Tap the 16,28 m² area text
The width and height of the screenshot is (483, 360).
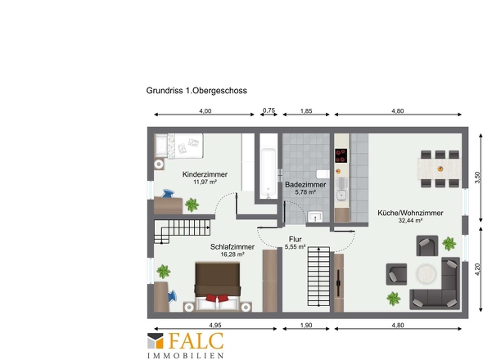click(232, 254)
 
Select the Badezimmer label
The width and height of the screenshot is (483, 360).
click(305, 185)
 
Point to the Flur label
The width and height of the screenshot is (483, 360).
click(295, 239)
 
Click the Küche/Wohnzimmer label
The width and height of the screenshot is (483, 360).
click(410, 213)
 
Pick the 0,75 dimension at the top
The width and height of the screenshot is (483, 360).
click(269, 110)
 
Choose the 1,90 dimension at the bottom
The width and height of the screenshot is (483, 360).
click(306, 325)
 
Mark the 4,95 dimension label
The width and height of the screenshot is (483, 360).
click(215, 325)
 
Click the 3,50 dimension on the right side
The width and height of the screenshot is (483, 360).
click(477, 178)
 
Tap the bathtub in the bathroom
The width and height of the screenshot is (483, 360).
click(268, 173)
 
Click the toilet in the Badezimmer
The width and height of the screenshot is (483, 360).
click(323, 174)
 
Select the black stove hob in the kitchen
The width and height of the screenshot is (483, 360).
click(341, 155)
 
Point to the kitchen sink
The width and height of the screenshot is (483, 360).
click(341, 196)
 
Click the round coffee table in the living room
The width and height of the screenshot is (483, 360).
click(427, 273)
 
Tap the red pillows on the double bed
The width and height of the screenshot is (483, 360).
click(218, 298)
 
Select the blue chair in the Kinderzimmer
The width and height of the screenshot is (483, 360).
click(168, 194)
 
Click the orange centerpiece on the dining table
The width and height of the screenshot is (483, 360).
click(440, 169)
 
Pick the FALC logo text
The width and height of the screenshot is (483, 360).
click(196, 341)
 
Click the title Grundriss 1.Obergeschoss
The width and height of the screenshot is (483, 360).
click(196, 91)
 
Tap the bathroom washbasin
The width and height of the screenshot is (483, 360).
click(315, 217)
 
